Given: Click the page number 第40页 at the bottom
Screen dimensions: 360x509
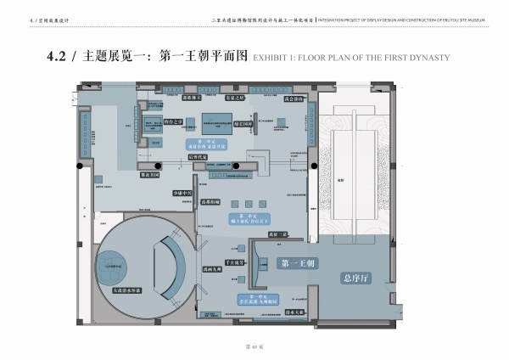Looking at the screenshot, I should click(255, 347).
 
